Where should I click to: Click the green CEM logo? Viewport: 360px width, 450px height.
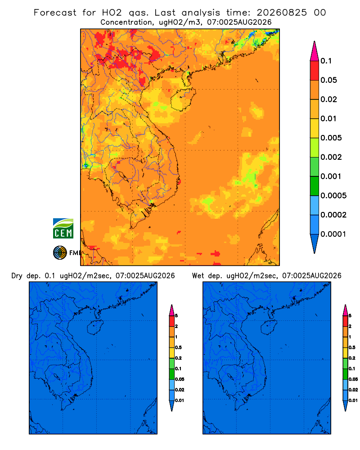(63, 229)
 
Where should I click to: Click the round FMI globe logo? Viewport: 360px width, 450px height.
(60, 253)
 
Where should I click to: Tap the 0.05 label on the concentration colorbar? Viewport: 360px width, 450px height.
(328, 80)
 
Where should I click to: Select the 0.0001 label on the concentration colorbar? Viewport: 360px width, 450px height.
(333, 234)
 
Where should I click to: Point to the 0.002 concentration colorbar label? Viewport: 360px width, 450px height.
(331, 157)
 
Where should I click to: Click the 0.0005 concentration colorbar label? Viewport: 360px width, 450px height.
(333, 196)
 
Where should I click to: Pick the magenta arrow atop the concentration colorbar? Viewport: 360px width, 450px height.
(315, 51)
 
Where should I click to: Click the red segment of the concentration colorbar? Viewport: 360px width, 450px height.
(315, 71)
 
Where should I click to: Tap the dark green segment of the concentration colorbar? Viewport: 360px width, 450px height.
(315, 186)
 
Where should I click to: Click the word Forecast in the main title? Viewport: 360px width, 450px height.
(55, 13)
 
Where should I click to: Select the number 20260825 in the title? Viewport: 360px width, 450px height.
(282, 13)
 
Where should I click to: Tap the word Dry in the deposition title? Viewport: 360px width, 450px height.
(17, 276)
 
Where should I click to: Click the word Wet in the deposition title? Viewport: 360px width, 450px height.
(198, 276)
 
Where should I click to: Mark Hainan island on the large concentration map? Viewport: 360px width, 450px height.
(183, 99)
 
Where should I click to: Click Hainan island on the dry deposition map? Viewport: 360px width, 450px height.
(95, 327)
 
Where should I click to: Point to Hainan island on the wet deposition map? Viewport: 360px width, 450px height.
(269, 327)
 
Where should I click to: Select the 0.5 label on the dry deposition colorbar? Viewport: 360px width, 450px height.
(178, 347)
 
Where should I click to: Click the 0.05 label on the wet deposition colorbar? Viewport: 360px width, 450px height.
(353, 379)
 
